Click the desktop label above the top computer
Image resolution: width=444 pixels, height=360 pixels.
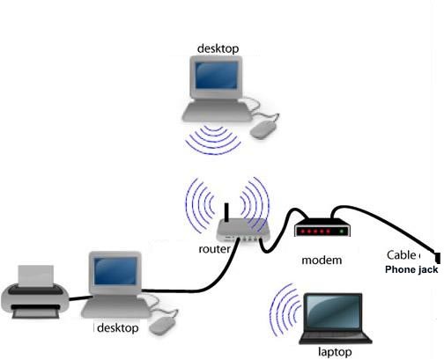pyautogui.click(x=218, y=48)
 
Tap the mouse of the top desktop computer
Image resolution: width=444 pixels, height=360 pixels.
pyautogui.click(x=264, y=129)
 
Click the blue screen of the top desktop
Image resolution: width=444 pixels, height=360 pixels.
pyautogui.click(x=217, y=76)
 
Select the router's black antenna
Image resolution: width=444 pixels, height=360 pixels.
pyautogui.click(x=226, y=212)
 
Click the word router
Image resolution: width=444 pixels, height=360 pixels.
pyautogui.click(x=215, y=249)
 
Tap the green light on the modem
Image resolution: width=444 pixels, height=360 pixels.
pyautogui.click(x=341, y=231)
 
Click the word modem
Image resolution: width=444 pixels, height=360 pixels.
pyautogui.click(x=322, y=261)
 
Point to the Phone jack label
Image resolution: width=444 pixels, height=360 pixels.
pyautogui.click(x=411, y=269)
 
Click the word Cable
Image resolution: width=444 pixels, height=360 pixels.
pyautogui.click(x=402, y=255)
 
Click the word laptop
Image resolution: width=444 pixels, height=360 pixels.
pyautogui.click(x=335, y=351)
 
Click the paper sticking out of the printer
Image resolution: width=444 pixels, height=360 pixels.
pyautogui.click(x=36, y=276)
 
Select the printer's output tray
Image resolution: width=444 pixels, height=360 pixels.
pyautogui.click(x=35, y=312)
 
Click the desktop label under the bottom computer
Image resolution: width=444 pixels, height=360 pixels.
pyautogui.click(x=118, y=328)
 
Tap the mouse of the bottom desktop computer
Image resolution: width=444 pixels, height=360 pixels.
pyautogui.click(x=163, y=325)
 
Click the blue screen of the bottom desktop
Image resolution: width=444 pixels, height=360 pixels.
pyautogui.click(x=115, y=271)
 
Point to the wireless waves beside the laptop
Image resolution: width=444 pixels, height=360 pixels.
pyautogui.click(x=285, y=310)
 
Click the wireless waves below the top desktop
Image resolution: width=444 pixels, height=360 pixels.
pyautogui.click(x=213, y=140)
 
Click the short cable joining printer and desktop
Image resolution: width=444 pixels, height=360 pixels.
pyautogui.click(x=81, y=298)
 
